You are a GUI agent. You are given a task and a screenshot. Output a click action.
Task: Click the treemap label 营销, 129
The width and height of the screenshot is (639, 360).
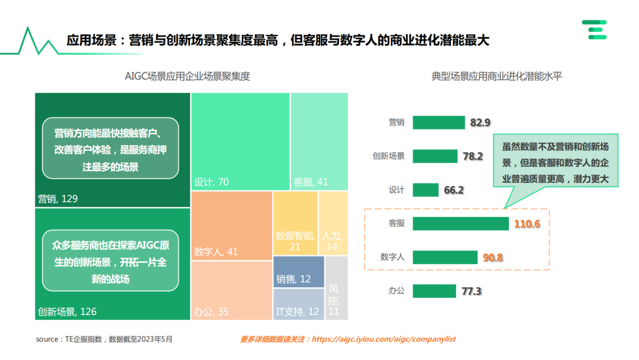click(58, 199)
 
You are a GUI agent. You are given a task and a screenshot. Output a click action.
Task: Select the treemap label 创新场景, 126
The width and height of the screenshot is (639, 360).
click(67, 311)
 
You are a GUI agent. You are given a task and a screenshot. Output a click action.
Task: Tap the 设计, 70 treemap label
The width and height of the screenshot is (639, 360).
click(211, 182)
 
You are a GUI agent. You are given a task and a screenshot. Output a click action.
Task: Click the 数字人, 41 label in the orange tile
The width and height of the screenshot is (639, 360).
click(216, 252)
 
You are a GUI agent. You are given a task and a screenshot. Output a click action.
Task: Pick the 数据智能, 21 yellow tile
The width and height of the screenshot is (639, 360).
click(295, 240)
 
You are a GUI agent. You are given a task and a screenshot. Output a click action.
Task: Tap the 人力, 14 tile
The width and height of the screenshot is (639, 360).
click(333, 240)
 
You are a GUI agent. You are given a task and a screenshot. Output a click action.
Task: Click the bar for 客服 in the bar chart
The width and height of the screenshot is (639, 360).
click(461, 224)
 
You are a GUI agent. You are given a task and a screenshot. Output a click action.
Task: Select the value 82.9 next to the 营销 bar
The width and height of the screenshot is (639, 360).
click(480, 123)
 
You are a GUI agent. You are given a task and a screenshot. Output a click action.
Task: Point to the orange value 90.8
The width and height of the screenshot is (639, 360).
click(493, 258)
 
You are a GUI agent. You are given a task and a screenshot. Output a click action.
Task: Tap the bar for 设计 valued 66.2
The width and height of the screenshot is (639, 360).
click(425, 190)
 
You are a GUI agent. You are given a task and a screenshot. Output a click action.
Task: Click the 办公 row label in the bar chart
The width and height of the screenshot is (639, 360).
click(396, 291)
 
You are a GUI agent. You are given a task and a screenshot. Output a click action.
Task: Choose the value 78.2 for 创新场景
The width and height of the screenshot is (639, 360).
click(473, 156)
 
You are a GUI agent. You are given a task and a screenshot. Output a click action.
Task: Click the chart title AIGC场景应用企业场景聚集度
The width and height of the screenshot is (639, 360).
click(188, 76)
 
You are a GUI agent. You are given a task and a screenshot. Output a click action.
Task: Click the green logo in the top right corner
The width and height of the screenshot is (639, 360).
click(594, 29)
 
